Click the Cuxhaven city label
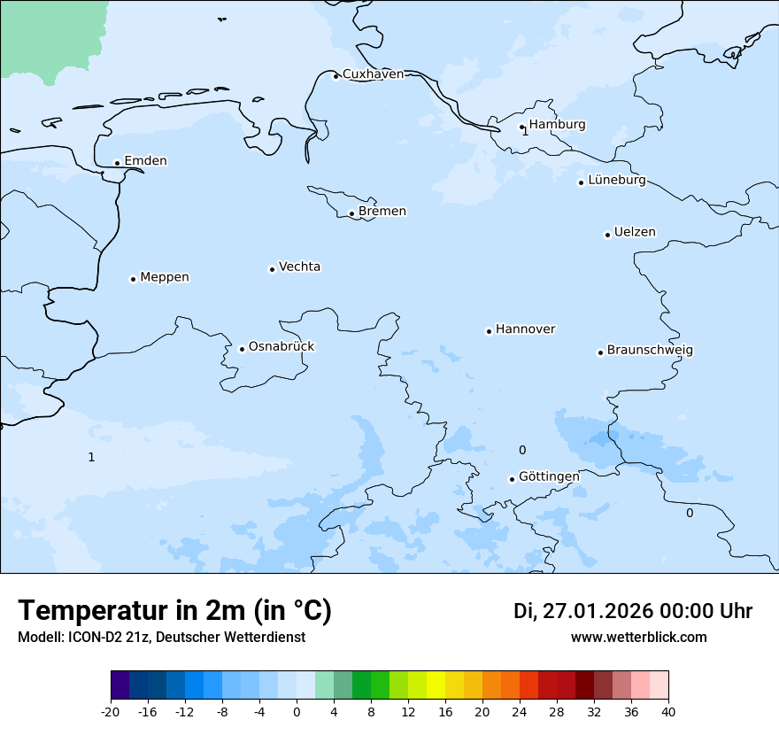[x=373, y=74]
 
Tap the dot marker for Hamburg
[x=522, y=127]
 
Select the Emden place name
[x=145, y=161]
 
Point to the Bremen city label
[x=382, y=212]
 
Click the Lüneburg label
[x=617, y=181]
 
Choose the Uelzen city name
[x=635, y=233]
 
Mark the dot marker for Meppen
[x=133, y=279]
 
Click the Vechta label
[x=299, y=267]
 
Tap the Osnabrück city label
[x=282, y=346]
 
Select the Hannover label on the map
[x=525, y=329]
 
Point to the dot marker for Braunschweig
[x=600, y=352]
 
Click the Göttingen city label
[x=549, y=476]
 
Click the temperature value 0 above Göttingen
[x=522, y=451]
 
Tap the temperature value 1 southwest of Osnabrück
[x=91, y=458]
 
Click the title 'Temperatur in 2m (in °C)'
[x=174, y=610]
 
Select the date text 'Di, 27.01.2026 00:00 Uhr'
[x=632, y=611]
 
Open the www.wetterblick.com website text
[x=638, y=638]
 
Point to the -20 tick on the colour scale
[x=111, y=712]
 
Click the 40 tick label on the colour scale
[x=668, y=712]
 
